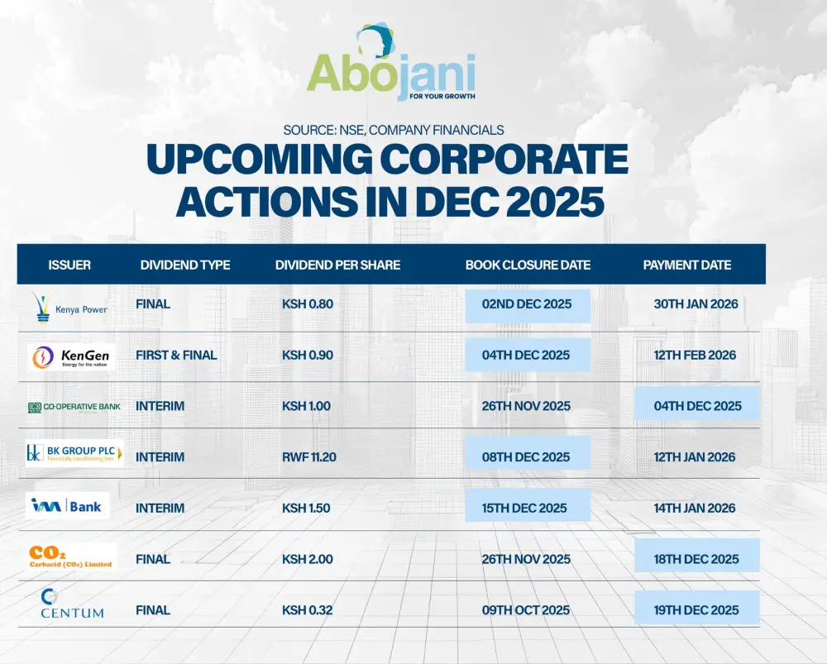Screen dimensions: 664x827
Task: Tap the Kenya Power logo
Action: coord(70,305)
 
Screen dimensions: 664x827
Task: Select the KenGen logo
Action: coord(70,356)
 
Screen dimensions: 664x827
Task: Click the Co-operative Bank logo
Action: coord(74,407)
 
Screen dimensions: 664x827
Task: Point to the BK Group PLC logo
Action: coord(74,454)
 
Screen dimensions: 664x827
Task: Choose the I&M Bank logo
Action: coord(67,506)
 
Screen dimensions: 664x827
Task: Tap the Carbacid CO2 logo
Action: coord(71,557)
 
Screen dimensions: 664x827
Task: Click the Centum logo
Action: coord(72,606)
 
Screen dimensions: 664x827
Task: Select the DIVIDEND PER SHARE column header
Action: coord(337,265)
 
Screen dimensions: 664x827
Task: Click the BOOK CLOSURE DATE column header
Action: coord(528,265)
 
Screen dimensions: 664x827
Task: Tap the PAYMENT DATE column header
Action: coord(687,265)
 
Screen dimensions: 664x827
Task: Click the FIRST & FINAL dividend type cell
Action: coord(176,356)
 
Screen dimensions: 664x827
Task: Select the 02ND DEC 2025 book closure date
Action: coord(527,304)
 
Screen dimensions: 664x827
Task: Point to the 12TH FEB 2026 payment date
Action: coord(695,356)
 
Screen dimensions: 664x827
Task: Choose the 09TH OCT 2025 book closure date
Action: coord(526,610)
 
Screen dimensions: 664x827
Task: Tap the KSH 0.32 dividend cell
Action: coord(307,610)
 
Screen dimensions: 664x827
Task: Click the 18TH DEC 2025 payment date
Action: coord(696,559)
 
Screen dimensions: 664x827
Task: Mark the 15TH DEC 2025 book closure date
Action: coord(526,508)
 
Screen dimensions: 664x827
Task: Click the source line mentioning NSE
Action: coord(393,130)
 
